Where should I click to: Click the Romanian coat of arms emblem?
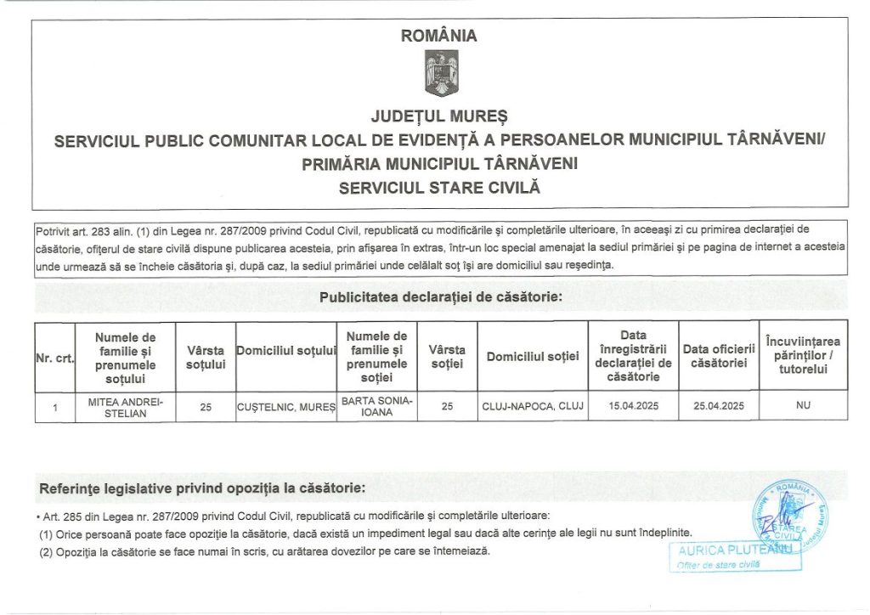click(x=440, y=74)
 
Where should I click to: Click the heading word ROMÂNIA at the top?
click(x=438, y=37)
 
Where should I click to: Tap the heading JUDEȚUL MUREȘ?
click(x=438, y=115)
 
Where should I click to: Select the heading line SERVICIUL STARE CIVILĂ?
click(x=439, y=187)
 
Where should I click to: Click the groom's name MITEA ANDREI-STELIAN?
click(x=126, y=406)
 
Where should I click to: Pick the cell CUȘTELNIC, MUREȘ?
click(x=286, y=407)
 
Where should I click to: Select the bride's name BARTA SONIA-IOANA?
click(x=377, y=405)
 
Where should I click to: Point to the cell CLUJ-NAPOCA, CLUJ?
click(x=533, y=407)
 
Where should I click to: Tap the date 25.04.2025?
click(x=719, y=407)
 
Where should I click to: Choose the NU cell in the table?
click(x=803, y=406)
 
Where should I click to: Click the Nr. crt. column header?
click(x=54, y=358)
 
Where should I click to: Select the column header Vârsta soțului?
click(x=206, y=357)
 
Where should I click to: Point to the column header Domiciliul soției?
click(x=533, y=357)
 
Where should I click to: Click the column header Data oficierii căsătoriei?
click(x=719, y=357)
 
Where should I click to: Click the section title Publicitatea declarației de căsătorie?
click(x=441, y=298)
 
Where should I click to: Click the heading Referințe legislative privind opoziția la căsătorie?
click(x=203, y=488)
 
